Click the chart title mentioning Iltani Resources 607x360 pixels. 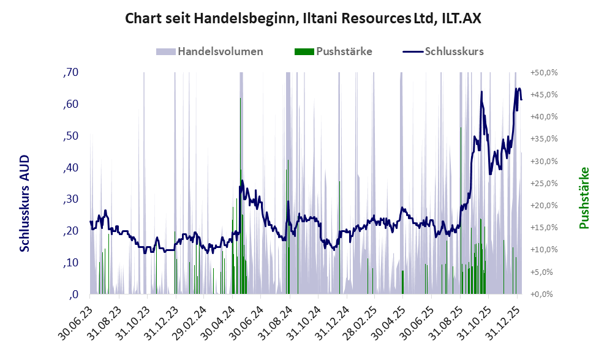[x=303, y=18]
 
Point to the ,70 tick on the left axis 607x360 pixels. [x=71, y=73]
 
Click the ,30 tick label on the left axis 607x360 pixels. [x=71, y=199]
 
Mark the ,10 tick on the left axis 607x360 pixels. [x=71, y=263]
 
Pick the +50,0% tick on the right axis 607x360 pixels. [x=545, y=73]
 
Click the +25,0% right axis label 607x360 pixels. [x=545, y=183]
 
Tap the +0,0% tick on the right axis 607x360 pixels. [x=545, y=294]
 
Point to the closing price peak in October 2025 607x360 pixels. [x=482, y=92]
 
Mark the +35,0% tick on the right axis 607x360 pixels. [x=545, y=139]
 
